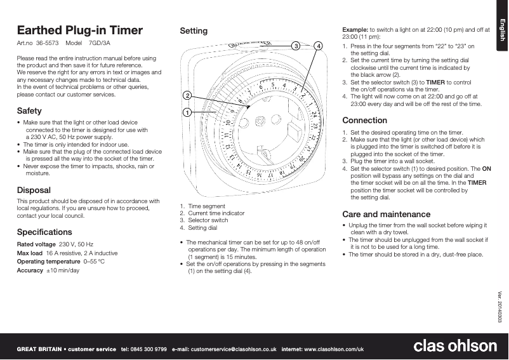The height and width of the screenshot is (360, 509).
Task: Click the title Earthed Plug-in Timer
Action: coord(79,30)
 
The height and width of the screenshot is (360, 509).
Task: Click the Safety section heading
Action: coord(29,110)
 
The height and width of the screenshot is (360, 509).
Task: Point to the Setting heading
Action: coord(194,30)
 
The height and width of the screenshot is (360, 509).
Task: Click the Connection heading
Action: coord(364,120)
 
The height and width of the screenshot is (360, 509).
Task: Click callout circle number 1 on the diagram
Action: coord(187,112)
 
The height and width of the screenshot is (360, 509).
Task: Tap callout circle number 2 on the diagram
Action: coord(187,95)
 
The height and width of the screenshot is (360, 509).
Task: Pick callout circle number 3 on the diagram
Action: coord(296,46)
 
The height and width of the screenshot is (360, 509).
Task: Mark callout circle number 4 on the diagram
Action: coord(318,46)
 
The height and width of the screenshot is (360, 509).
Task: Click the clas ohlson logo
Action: coord(455,346)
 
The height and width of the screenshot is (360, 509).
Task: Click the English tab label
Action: coord(501,30)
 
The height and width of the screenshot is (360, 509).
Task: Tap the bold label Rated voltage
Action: coord(36,244)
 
